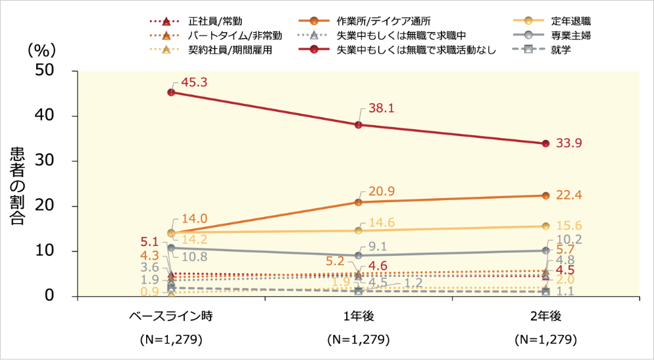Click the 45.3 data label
tap(193, 82)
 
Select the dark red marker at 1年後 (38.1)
tap(359, 125)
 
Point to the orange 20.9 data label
tap(381, 192)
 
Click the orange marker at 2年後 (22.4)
tap(545, 195)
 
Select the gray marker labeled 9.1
tap(359, 255)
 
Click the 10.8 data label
tap(194, 256)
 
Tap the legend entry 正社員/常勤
tap(209, 21)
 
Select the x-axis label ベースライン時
tap(170, 317)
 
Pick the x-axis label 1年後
tap(359, 317)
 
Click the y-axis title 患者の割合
tap(18, 186)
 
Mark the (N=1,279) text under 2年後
tap(545, 340)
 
